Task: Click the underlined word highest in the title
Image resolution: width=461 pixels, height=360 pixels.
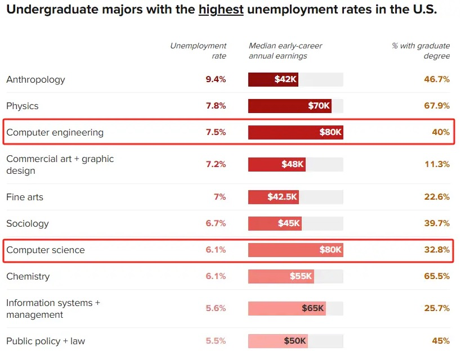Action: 221,10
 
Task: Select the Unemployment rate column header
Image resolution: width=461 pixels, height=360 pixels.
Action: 198,51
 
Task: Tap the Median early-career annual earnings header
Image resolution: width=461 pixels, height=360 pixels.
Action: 285,51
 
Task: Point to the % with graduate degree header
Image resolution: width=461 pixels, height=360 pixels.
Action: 420,51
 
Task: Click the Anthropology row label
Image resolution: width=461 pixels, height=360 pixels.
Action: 35,80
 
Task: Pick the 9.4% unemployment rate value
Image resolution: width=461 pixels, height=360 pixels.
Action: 216,79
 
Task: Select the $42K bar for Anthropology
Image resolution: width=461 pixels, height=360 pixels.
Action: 273,79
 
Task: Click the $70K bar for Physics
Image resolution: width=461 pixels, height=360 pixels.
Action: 289,106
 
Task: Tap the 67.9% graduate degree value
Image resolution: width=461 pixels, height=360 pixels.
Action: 437,106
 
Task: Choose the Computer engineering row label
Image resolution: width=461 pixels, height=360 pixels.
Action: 55,133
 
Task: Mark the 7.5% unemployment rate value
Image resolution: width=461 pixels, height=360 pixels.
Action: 216,132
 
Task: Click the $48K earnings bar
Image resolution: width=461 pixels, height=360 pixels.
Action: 277,164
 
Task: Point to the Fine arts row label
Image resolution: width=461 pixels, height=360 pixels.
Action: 25,197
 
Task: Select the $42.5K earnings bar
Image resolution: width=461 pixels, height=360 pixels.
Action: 274,197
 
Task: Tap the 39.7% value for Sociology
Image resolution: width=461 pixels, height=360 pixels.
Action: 437,223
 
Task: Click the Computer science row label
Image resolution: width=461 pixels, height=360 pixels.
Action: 46,250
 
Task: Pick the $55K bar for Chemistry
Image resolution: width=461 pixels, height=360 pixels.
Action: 281,276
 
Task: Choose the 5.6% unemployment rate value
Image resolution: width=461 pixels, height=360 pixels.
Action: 216,308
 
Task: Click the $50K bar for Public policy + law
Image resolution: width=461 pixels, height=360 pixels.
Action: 278,341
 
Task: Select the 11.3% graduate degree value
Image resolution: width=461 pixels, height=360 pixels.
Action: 437,164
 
